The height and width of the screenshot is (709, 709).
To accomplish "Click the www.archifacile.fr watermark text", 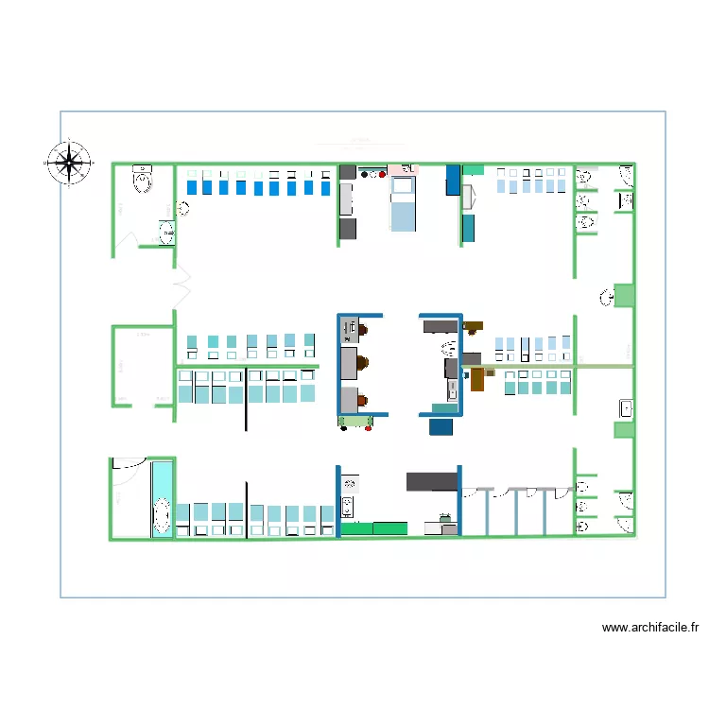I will point(651,627).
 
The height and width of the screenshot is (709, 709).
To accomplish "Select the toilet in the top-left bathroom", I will point(143,179).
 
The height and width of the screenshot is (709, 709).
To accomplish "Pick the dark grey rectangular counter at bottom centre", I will point(432,481).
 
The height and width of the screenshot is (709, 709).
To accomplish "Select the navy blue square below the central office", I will point(441,427).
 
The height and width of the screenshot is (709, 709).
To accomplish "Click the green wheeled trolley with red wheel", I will point(354,422).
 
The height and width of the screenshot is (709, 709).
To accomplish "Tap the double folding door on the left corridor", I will point(180,281).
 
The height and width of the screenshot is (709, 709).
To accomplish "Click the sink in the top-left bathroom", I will point(166,233).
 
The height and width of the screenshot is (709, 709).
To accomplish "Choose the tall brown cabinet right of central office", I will point(477,379).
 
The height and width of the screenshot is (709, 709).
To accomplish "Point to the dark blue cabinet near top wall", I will point(453,180).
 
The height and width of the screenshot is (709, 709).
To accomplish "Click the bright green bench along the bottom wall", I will point(373,528).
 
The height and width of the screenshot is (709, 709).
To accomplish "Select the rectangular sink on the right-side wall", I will point(626,408).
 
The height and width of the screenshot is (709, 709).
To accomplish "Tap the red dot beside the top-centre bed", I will point(381,175).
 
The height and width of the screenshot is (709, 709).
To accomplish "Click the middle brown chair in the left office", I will point(364,362).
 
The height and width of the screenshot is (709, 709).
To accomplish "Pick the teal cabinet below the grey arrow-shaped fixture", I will point(468,227).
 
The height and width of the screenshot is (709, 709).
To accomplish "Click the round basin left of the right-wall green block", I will point(604,299).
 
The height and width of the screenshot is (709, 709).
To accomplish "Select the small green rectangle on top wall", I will point(473,170).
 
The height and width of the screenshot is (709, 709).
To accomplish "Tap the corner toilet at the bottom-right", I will point(626,525).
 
